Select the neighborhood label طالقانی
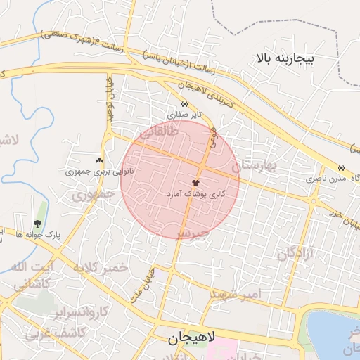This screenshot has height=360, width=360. click(x=162, y=131)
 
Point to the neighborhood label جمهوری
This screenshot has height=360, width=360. click(x=94, y=195)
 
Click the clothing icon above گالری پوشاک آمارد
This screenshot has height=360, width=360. click(x=195, y=182)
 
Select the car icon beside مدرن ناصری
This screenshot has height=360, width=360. click(x=341, y=168)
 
